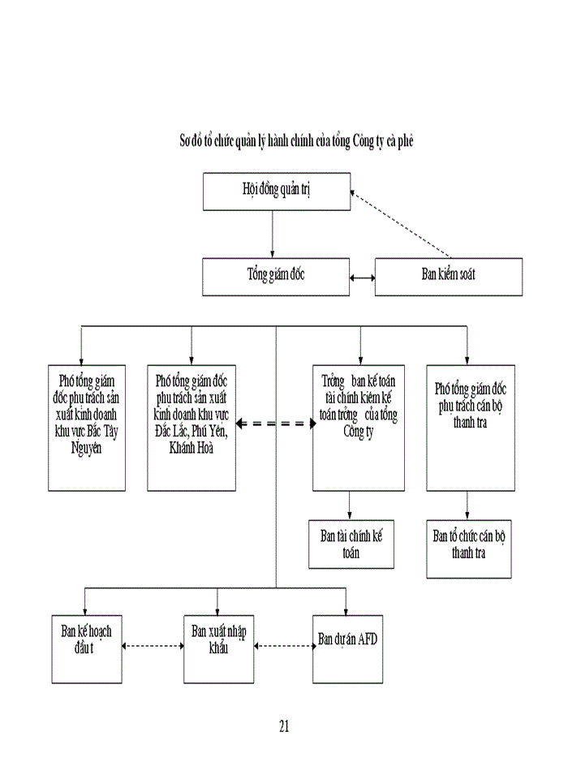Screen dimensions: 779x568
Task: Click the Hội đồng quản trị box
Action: [277, 192]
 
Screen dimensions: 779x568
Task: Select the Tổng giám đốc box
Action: [276, 276]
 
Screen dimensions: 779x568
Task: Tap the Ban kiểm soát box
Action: [448, 276]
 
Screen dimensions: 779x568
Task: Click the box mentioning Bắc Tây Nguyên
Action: [87, 428]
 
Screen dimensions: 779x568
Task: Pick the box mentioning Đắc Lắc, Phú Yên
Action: [191, 428]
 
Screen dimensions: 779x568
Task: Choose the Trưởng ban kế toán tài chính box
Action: [358, 428]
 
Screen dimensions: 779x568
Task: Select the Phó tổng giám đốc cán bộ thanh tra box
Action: [471, 428]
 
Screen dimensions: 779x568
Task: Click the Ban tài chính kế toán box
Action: [351, 544]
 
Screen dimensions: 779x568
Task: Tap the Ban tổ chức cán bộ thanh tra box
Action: [469, 549]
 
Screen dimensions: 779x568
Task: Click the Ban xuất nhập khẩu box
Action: [217, 649]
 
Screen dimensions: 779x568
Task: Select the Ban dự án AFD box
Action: [347, 649]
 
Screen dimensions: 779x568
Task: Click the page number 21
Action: [284, 725]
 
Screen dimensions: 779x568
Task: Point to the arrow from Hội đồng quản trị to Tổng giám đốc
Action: [272, 235]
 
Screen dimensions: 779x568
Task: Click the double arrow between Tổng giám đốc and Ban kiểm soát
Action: [363, 277]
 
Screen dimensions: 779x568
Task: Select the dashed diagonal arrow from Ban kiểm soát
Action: [402, 225]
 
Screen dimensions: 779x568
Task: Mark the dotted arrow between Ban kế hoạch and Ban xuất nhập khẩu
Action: [153, 646]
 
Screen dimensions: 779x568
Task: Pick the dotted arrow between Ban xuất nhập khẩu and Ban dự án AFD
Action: [283, 646]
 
